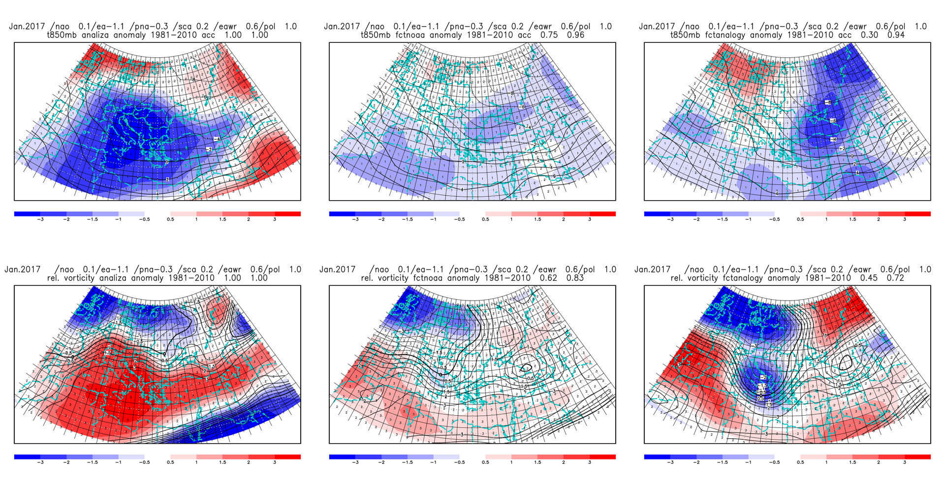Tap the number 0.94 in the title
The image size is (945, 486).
coord(896,35)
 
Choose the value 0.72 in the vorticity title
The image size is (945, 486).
coord(895,278)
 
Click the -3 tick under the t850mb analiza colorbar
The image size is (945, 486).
coord(40,219)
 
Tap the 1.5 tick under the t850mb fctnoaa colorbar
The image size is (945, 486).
coord(537,219)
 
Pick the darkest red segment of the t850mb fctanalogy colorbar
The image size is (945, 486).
coord(917,214)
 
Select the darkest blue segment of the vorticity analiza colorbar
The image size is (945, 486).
coord(27,457)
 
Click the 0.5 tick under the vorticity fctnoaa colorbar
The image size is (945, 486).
coord(485,462)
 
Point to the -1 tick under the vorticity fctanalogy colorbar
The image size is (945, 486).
coord(748,462)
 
